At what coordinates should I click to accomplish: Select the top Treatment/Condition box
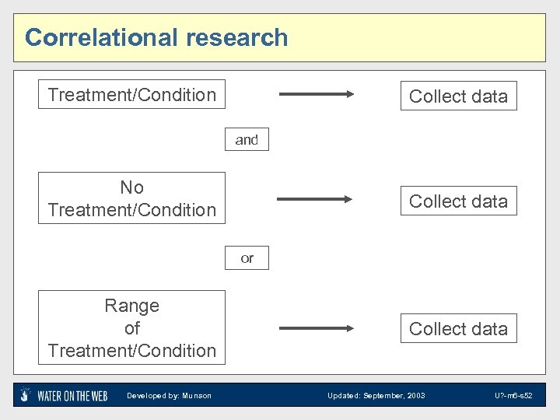point(131,94)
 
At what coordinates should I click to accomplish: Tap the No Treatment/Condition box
point(131,198)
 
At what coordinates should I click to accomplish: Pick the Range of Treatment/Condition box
point(131,327)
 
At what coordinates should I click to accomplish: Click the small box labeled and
point(247,139)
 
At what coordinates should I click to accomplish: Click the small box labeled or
point(247,258)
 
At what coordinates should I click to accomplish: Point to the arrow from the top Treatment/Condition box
point(316,95)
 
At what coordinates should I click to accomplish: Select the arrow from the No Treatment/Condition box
point(316,199)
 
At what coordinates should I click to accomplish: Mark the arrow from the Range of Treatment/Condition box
point(316,327)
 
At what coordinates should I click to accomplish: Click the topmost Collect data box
point(458,96)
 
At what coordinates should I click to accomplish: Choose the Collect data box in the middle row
point(458,201)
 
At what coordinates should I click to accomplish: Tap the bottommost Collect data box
point(458,329)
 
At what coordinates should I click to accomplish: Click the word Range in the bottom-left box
point(131,306)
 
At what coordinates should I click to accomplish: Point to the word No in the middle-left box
point(131,187)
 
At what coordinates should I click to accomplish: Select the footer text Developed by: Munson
point(169,396)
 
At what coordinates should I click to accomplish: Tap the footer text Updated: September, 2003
point(376,396)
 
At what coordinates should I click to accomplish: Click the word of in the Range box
point(131,328)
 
